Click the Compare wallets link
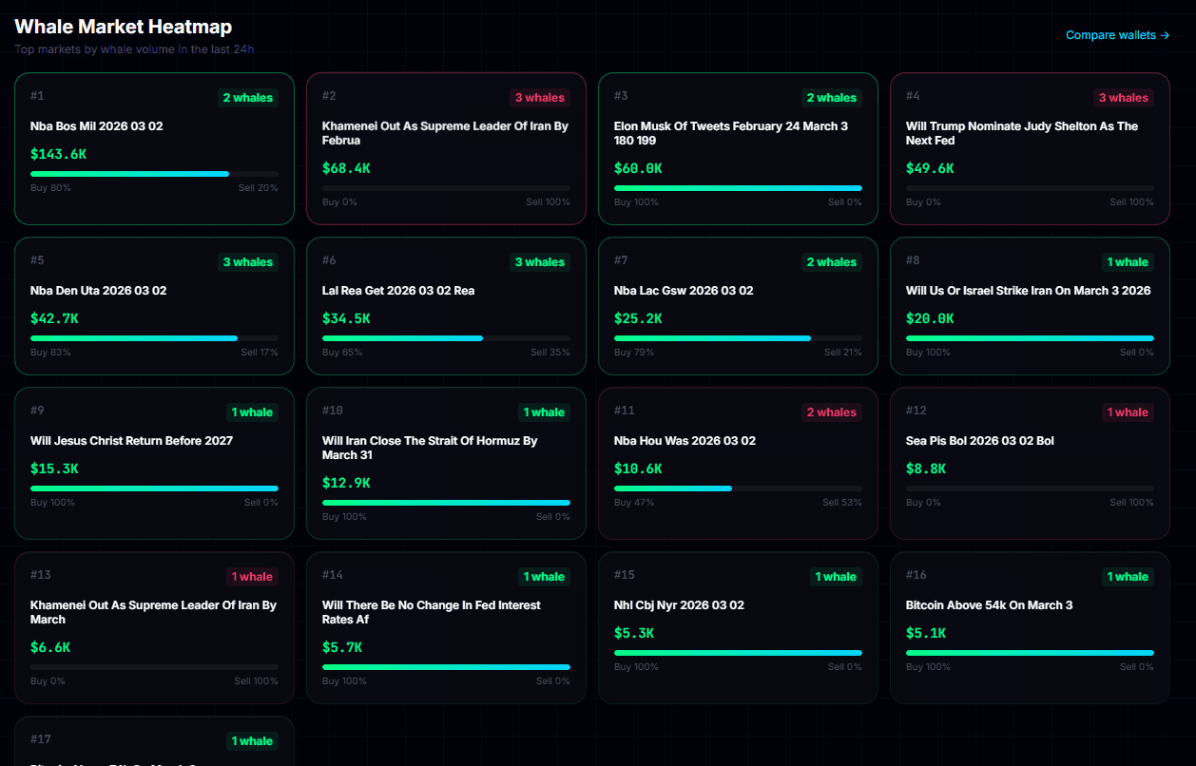[1117, 35]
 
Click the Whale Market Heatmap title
[123, 27]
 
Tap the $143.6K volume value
[59, 154]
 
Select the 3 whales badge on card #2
[540, 98]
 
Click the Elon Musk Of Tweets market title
[730, 133]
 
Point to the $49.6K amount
[930, 168]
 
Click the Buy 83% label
[50, 353]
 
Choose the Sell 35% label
[550, 353]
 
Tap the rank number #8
[913, 260]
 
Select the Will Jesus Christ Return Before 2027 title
[131, 441]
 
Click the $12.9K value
[346, 483]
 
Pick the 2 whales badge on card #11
[832, 412]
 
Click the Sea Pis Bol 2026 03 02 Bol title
[979, 441]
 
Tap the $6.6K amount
[50, 647]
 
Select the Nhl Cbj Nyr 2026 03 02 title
[679, 605]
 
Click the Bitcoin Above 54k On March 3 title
[989, 605]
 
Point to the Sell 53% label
[842, 503]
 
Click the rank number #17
[40, 739]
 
